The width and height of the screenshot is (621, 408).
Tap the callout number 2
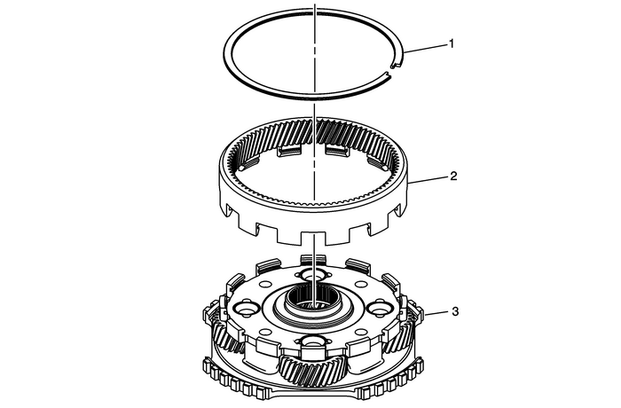pos(453,177)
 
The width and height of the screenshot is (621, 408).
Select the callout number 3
pos(454,311)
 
